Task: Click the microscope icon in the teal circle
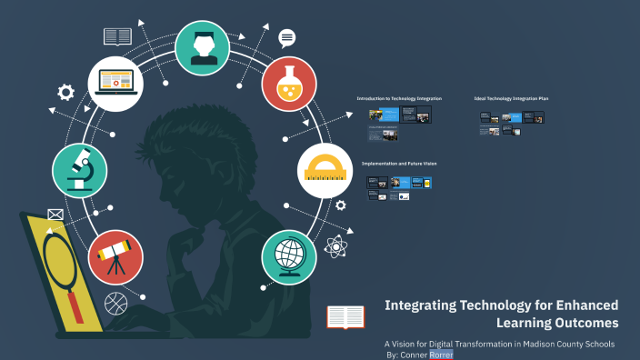click(x=80, y=170)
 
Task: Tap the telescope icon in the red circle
click(x=115, y=256)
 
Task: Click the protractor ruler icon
click(x=325, y=170)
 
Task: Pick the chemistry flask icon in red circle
click(x=288, y=84)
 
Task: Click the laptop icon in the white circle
click(x=115, y=84)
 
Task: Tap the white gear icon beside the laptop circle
click(x=65, y=92)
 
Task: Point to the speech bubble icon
click(x=287, y=38)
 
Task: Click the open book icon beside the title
click(x=345, y=316)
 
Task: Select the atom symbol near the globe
click(x=336, y=245)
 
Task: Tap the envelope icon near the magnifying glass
click(x=56, y=215)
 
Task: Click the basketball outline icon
click(x=115, y=302)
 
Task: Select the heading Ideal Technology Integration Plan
click(x=511, y=98)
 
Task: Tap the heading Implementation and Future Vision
click(x=399, y=163)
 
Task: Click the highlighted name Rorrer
click(x=441, y=355)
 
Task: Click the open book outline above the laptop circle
click(x=118, y=36)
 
